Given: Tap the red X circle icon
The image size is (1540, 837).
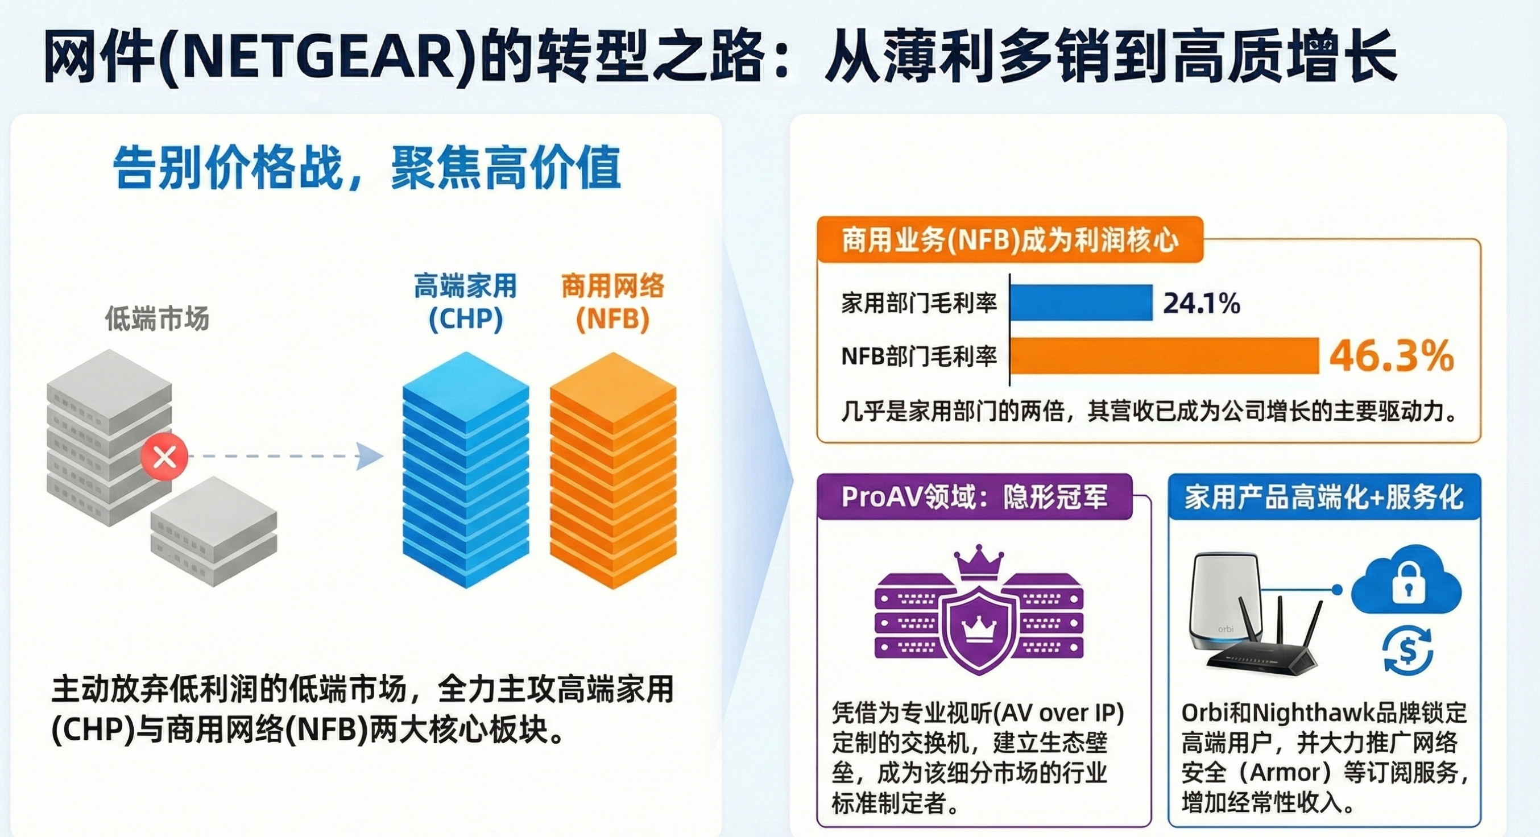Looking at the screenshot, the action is point(164,457).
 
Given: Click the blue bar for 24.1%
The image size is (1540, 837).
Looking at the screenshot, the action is point(1082,303).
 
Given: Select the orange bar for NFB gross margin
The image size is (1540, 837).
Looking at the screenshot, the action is point(1165,356).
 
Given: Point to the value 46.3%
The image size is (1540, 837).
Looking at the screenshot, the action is point(1391,356).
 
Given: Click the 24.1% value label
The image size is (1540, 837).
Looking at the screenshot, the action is point(1202,304).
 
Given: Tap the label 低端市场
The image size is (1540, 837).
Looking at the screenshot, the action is point(157,318).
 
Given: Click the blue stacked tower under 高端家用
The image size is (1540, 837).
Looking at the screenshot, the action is point(466,470).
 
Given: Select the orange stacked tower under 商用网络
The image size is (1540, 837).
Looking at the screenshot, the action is point(613,470).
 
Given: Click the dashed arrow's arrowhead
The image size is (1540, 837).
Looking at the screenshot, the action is point(370,457).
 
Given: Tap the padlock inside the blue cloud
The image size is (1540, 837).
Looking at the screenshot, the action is point(1408,582).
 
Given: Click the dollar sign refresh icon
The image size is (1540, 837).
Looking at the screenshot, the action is point(1408,650).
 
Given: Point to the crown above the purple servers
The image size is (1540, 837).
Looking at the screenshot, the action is point(979,562).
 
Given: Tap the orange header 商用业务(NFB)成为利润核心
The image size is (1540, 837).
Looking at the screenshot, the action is point(1010,240).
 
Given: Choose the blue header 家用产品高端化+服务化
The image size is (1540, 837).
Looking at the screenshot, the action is point(1324,497).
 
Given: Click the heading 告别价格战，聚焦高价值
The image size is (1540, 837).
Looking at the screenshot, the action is point(366,168).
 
